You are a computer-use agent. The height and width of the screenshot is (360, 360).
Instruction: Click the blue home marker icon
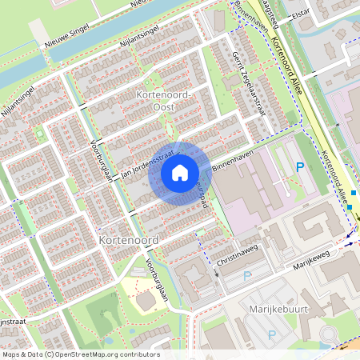click(180, 172)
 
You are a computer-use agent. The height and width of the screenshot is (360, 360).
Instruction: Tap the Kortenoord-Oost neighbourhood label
click(167, 102)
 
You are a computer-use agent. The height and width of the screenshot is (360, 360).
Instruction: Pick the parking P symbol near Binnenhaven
click(300, 166)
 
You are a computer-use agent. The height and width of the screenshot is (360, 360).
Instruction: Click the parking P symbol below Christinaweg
click(247, 276)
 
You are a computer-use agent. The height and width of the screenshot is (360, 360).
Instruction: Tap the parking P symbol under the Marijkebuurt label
click(271, 334)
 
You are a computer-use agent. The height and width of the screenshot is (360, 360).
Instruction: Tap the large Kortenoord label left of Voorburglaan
click(125, 240)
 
